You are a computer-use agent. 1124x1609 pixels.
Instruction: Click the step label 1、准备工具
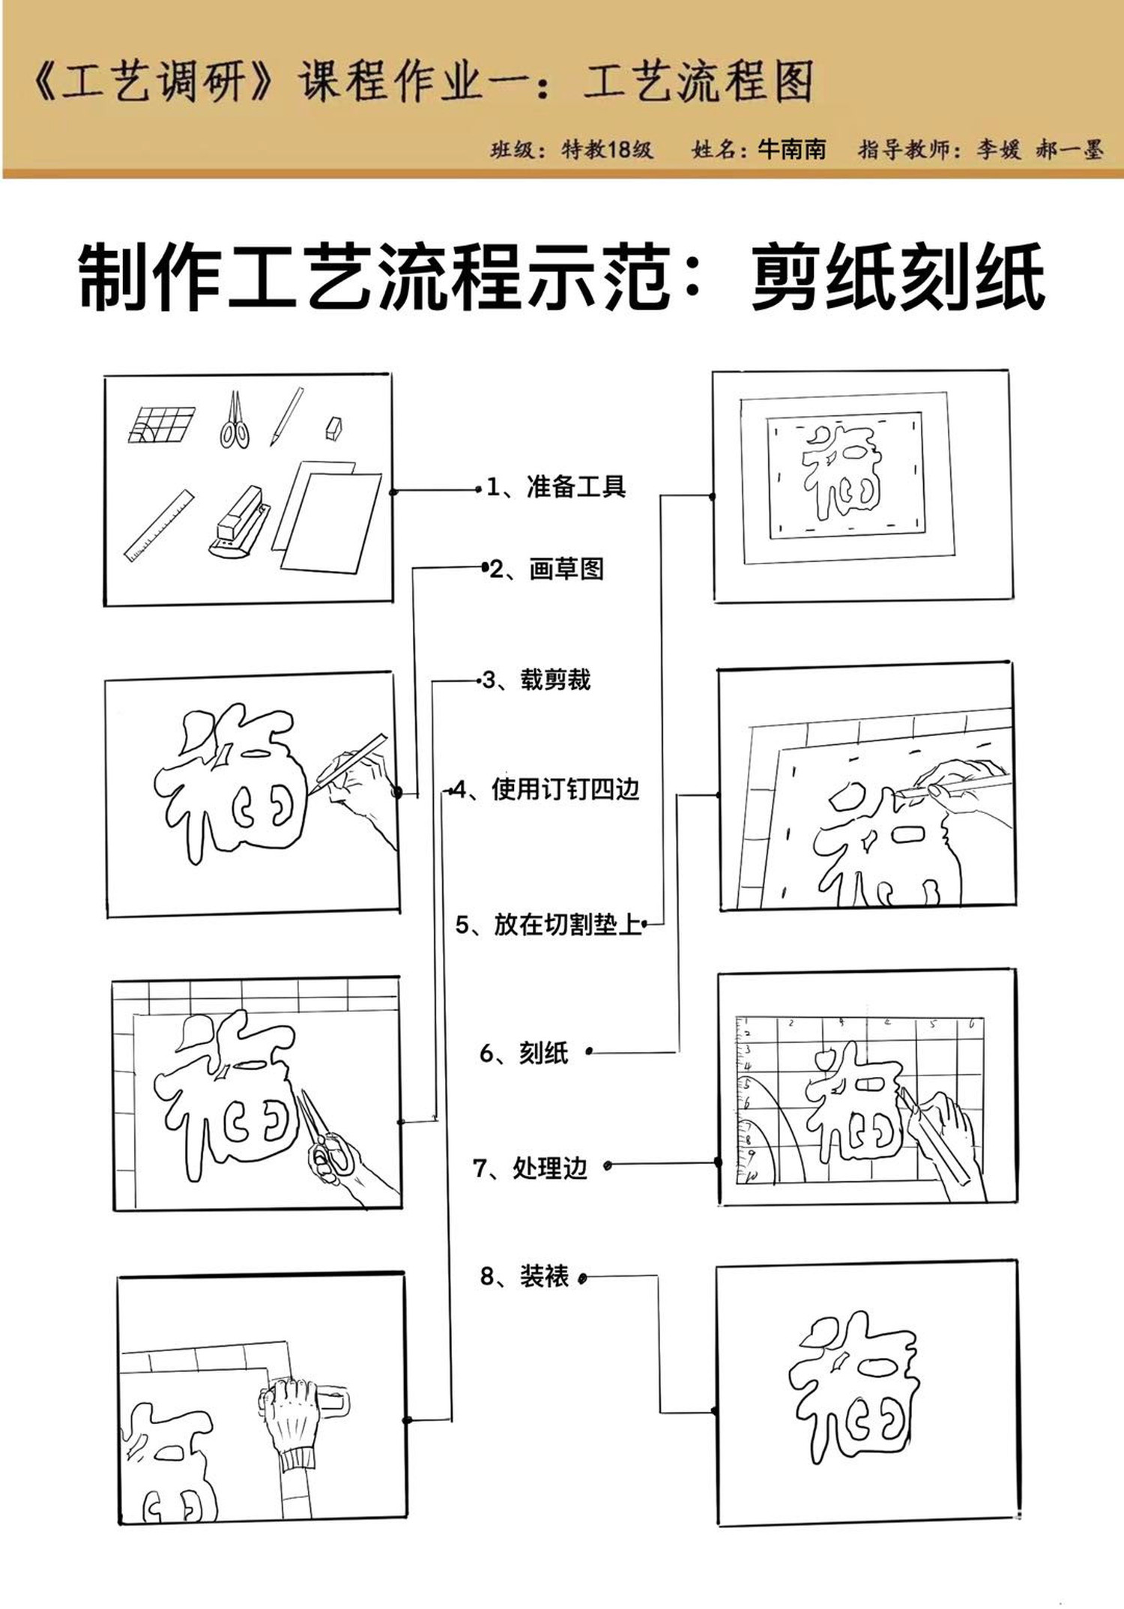coord(556,487)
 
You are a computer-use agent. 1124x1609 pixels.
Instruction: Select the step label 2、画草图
coord(547,570)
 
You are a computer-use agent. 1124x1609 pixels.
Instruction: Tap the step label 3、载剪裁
coord(537,680)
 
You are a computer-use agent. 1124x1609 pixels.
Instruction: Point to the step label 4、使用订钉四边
coord(547,789)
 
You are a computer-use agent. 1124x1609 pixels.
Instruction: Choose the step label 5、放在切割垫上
coord(549,925)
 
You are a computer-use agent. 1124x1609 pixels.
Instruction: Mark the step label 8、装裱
coord(525,1276)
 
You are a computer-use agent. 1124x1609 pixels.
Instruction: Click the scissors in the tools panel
coord(235,421)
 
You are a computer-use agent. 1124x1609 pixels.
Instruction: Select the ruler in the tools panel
coord(158,526)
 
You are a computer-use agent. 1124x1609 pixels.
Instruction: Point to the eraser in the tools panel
coord(334,428)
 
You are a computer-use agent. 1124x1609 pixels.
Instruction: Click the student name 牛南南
coord(792,149)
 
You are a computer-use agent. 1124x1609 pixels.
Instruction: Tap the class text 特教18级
coord(607,149)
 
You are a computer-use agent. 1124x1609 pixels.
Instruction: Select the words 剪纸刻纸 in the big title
coord(898,277)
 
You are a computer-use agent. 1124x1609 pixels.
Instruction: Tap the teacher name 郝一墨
coord(1070,149)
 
